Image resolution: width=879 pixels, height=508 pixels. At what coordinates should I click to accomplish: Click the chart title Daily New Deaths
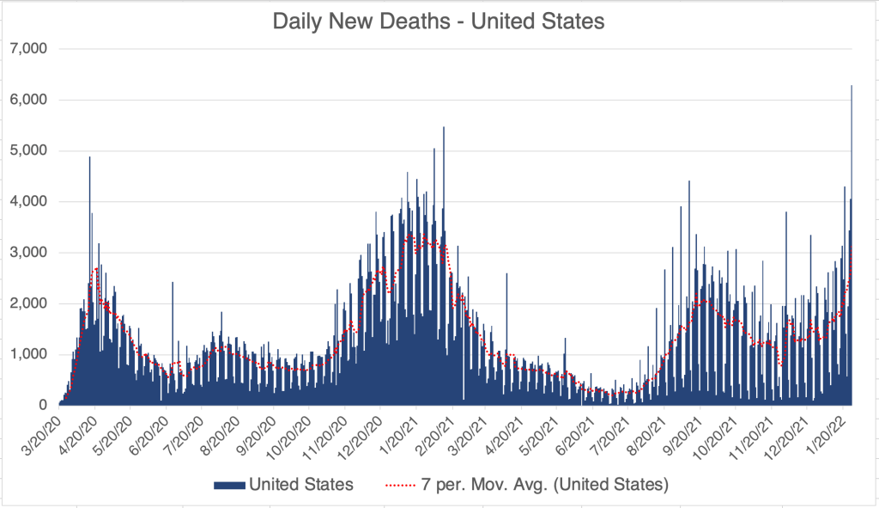coord(439,21)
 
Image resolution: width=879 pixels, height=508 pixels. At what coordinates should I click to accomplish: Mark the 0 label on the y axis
coord(44,405)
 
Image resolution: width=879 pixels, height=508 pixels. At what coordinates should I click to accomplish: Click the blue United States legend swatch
coord(228,485)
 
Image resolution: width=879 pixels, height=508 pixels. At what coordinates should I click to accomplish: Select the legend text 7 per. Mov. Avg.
coord(542,485)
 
